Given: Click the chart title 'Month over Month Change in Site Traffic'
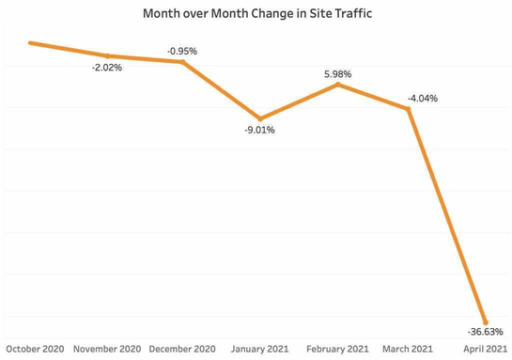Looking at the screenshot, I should [x=256, y=14].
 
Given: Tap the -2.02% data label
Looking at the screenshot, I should [x=106, y=68].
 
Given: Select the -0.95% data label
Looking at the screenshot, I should [x=182, y=51].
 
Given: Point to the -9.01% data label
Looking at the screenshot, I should [x=259, y=131].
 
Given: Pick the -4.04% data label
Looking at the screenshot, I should [x=421, y=98].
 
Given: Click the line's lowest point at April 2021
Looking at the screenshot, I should [x=485, y=321].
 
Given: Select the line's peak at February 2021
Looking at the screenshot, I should [x=338, y=85].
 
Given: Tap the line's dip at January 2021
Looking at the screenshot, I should [x=260, y=117].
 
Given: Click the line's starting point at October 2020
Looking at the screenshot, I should [x=30, y=42].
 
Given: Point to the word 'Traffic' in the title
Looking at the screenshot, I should [x=349, y=14].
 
